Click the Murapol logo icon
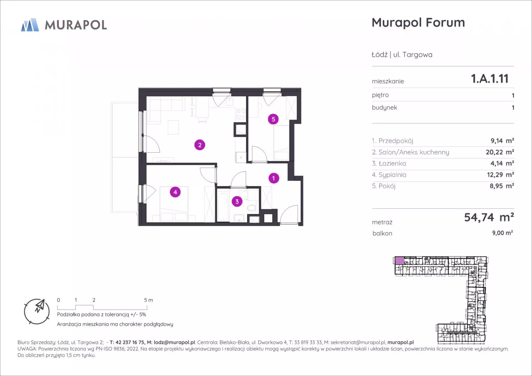[x=30, y=25]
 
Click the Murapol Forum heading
[x=418, y=22]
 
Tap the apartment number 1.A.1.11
[x=490, y=79]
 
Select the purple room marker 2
[x=200, y=145]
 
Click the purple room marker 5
[x=273, y=119]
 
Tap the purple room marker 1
[x=274, y=178]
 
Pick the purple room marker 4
[x=175, y=192]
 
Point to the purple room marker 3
[x=237, y=201]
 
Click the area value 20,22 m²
[x=500, y=152]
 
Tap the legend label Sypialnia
[x=392, y=175]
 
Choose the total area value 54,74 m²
[x=489, y=217]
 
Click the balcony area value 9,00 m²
[x=502, y=233]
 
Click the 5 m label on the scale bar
[x=149, y=300]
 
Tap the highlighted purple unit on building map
[x=399, y=260]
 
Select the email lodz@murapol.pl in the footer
[x=174, y=342]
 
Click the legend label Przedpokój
[x=396, y=141]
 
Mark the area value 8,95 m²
[x=502, y=186]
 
